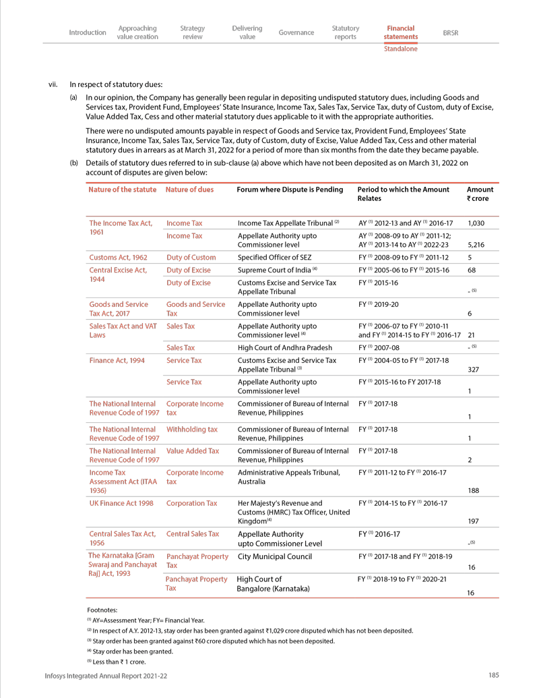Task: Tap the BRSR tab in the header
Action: (451, 32)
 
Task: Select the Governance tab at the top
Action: (296, 32)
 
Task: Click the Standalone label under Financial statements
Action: (400, 49)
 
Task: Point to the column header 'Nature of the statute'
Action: (122, 190)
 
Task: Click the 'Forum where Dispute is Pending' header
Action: (290, 190)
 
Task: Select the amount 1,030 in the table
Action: (476, 223)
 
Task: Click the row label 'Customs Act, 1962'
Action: (118, 258)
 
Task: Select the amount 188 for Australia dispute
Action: (473, 491)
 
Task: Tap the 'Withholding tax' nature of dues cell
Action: (192, 429)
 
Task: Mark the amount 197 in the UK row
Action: (473, 521)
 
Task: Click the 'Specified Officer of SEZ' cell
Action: (274, 258)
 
